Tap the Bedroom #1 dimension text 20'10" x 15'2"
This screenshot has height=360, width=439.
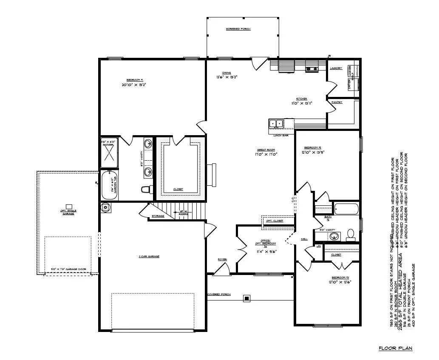pyautogui.click(x=134, y=85)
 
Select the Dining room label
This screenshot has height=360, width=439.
pyautogui.click(x=227, y=73)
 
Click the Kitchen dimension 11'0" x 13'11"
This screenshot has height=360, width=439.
pyautogui.click(x=302, y=103)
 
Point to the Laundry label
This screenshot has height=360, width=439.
pyautogui.click(x=336, y=68)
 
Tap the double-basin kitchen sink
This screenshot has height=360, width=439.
pyautogui.click(x=276, y=124)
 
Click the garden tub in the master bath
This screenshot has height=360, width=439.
pyautogui.click(x=110, y=185)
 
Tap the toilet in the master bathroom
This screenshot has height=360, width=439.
pyautogui.click(x=146, y=189)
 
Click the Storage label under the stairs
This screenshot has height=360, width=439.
pyautogui.click(x=158, y=216)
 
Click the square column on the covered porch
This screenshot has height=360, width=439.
pyautogui.click(x=246, y=298)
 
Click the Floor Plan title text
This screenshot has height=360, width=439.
pyautogui.click(x=395, y=349)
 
